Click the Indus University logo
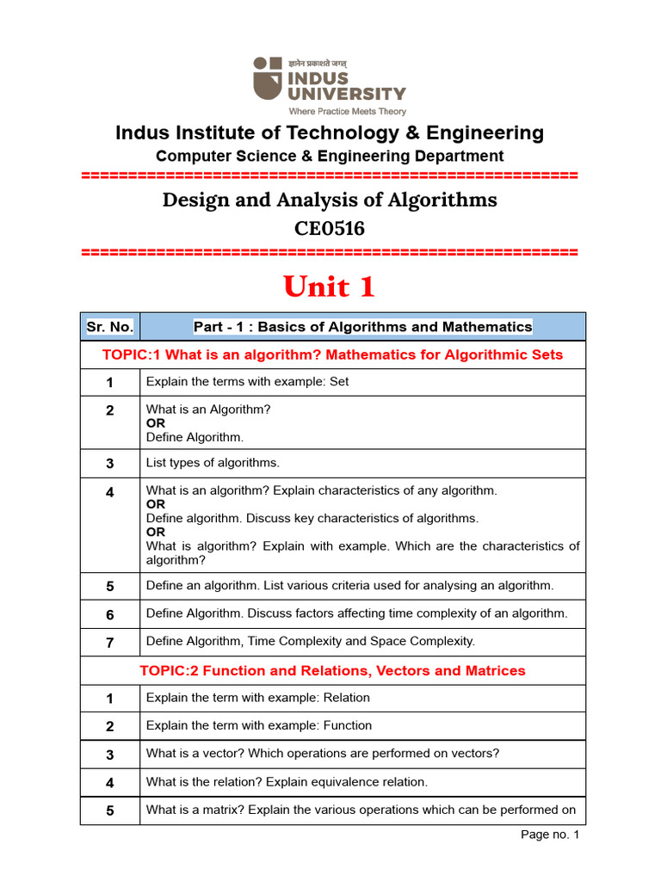[x=329, y=79]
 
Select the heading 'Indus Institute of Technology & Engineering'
[x=330, y=133]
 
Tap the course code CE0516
[x=330, y=228]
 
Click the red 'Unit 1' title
[x=330, y=286]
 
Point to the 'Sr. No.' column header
[x=110, y=327]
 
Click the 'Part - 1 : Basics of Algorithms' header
[x=362, y=327]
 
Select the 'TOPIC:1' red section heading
[x=332, y=354]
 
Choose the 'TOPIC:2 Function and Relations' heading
[x=332, y=670]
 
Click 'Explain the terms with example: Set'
[x=248, y=381]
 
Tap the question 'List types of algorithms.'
[x=213, y=463]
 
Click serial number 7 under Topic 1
[x=110, y=641]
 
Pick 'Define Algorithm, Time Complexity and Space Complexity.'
[x=311, y=641]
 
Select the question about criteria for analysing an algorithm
[x=350, y=586]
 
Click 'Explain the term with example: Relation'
[x=258, y=698]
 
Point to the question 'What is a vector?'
[x=323, y=754]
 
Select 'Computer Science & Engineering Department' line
[x=330, y=156]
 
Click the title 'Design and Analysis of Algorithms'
[x=330, y=200]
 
